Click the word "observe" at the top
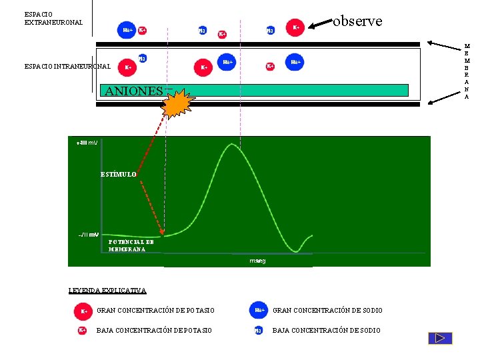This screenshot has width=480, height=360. pos(357,21)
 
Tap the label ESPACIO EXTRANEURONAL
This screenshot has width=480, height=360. pos(53,18)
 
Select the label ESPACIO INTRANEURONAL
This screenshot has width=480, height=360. pos(67,66)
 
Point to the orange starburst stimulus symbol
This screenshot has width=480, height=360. pos(178,103)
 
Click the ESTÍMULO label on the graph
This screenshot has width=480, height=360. pos(119,174)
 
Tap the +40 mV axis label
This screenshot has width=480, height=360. pos(87,143)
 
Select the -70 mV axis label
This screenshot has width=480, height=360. pos(88,235)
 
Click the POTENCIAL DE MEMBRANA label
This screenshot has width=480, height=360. pos(131,245)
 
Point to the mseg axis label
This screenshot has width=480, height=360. pos(257,261)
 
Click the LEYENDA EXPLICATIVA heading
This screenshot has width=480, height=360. pos(107,290)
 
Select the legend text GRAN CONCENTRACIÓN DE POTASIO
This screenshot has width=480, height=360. pos(155,311)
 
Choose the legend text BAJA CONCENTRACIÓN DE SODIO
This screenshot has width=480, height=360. pos(327,331)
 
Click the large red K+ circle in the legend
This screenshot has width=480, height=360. pos(83,311)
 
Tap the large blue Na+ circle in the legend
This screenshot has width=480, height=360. pos(259,310)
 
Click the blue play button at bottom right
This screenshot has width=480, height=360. pos(440,338)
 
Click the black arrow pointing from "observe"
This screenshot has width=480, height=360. pos(323,24)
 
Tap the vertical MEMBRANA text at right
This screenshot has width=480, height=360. pos(467,71)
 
